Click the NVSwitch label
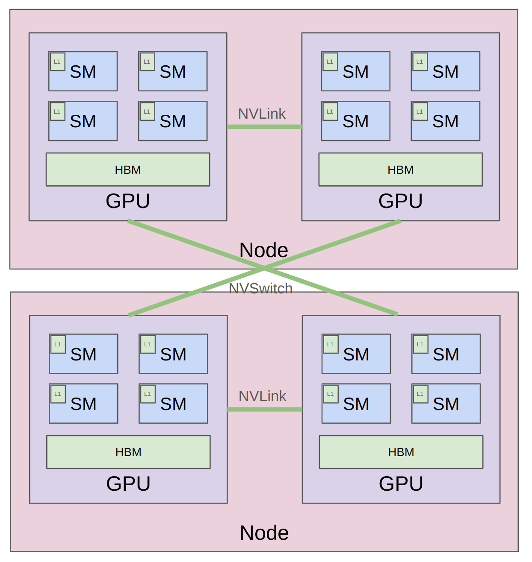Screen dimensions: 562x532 point(260,289)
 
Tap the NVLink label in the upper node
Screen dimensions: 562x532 point(262,114)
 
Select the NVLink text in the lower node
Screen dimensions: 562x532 point(262,396)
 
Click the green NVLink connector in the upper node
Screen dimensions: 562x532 point(264,126)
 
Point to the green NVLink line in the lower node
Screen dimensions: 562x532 point(264,409)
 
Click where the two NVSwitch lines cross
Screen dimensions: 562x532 point(263,268)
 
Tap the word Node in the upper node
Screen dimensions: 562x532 point(263,250)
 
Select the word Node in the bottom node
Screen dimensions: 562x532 point(264,533)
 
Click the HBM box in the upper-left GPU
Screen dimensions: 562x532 point(127,170)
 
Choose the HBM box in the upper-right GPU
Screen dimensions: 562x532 point(400,170)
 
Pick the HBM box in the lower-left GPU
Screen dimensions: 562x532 point(128,452)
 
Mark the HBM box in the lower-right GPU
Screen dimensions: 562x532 point(401,452)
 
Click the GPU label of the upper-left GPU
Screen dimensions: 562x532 point(127,201)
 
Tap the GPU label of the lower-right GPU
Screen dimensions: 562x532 point(401,483)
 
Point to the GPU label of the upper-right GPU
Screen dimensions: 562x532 point(400,201)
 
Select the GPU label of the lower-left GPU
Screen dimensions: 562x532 point(128,483)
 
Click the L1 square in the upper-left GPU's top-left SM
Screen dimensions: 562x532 point(57,61)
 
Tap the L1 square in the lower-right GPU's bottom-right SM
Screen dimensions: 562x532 point(420,394)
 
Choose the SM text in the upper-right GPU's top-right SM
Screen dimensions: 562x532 point(445,72)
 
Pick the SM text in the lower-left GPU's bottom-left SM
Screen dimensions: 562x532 point(83,404)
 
